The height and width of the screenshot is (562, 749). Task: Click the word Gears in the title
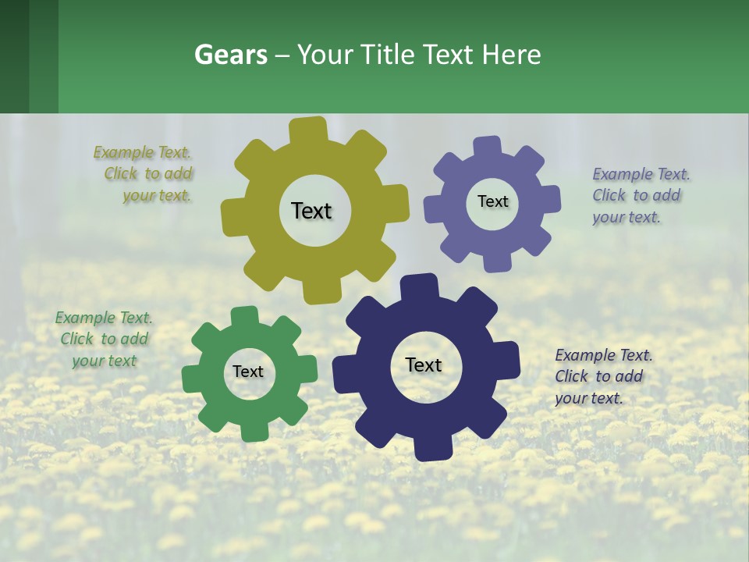[230, 55]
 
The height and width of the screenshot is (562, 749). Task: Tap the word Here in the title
[511, 55]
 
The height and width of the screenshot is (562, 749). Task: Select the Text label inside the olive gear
[311, 211]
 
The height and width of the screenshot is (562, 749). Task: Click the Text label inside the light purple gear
[492, 201]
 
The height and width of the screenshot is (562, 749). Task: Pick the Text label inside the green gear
[248, 372]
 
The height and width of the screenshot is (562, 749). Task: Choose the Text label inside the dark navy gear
[424, 365]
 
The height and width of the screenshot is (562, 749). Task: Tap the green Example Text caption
[104, 340]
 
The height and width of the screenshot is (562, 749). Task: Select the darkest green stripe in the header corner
[14, 56]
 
